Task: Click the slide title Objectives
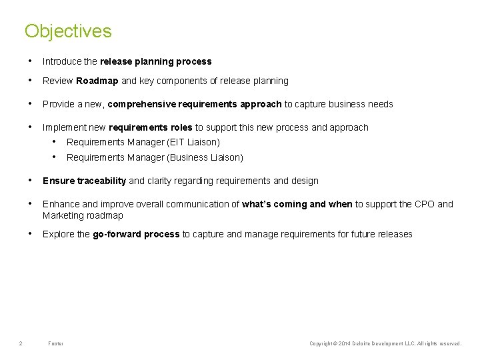click(68, 31)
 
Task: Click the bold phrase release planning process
click(155, 61)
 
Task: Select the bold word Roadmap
click(97, 81)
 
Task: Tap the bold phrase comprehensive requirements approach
click(195, 104)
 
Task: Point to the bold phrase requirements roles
click(150, 127)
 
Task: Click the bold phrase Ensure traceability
click(84, 181)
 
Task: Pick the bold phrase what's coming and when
click(297, 204)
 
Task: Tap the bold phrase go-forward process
click(136, 234)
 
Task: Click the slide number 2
click(21, 343)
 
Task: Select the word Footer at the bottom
click(56, 343)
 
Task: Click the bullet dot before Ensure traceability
click(31, 180)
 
